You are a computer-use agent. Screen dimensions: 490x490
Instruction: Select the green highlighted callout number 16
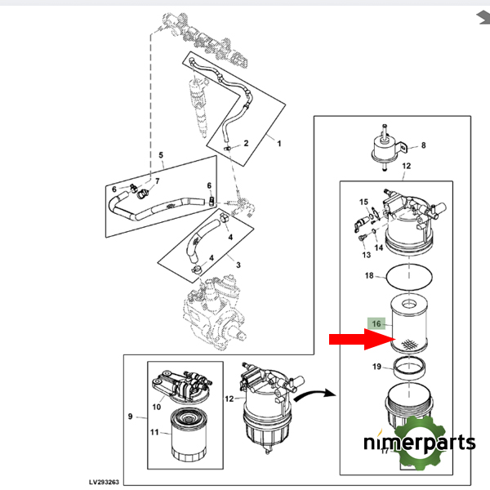(376, 324)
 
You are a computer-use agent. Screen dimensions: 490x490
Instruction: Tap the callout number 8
(423, 147)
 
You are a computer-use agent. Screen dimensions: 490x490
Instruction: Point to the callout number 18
(368, 276)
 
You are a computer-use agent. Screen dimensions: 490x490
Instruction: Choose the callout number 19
(376, 367)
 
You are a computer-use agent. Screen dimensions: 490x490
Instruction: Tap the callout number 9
(130, 417)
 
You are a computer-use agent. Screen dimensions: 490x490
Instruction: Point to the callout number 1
(278, 144)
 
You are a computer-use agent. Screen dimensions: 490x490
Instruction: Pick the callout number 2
(245, 144)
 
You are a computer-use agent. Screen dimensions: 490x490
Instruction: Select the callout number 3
(238, 265)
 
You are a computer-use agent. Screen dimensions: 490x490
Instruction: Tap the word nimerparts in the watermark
(420, 443)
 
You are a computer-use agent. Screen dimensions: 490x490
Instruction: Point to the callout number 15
(363, 201)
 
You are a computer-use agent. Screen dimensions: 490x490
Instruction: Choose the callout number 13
(366, 255)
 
